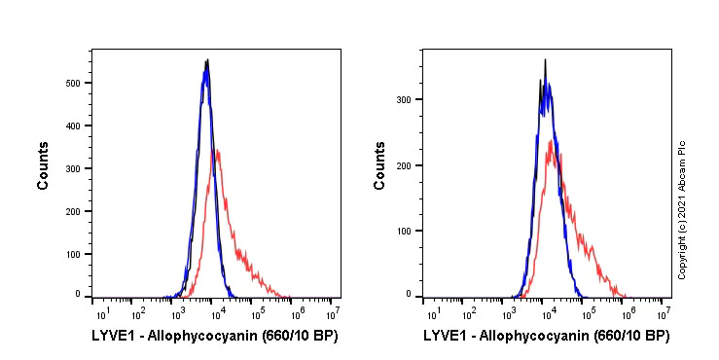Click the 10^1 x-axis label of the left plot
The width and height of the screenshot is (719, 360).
tap(101, 313)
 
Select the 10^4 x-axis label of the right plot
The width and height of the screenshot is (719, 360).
tap(547, 313)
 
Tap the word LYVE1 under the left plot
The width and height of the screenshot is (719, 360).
tap(112, 336)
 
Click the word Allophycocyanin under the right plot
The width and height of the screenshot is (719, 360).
tap(529, 336)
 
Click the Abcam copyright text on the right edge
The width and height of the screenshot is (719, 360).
tap(683, 209)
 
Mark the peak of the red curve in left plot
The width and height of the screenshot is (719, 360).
tap(216, 150)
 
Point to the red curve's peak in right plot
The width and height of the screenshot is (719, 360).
tap(551, 141)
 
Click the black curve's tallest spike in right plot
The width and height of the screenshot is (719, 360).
tap(545, 59)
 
